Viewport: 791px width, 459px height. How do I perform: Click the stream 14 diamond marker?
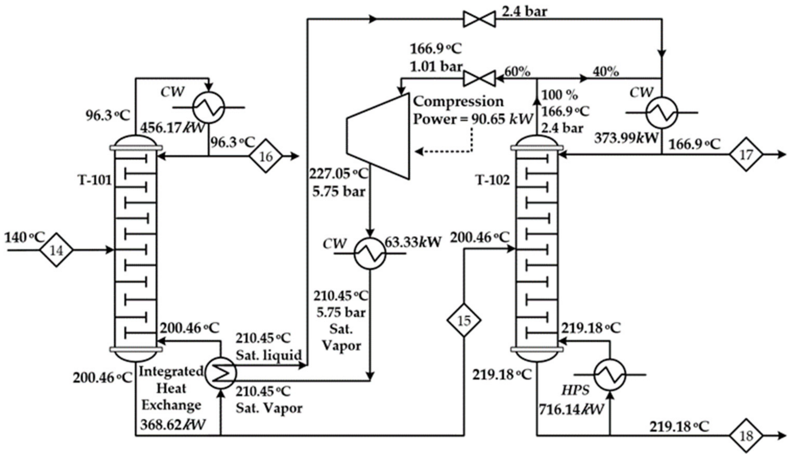(x=56, y=250)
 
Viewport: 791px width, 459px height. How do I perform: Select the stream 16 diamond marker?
(x=266, y=156)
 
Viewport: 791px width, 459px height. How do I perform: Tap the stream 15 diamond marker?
(x=464, y=320)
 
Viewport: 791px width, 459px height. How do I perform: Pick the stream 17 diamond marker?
(x=746, y=155)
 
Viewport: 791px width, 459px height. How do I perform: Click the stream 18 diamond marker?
(x=746, y=435)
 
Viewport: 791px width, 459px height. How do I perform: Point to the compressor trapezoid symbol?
(x=378, y=136)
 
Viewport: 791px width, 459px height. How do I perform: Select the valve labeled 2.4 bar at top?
(x=479, y=19)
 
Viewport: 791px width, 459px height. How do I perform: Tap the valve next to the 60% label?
(x=479, y=78)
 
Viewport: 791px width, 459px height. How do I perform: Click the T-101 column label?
(x=94, y=180)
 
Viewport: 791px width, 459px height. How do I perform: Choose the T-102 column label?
(x=493, y=180)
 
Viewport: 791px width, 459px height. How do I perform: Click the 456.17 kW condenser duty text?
(x=172, y=128)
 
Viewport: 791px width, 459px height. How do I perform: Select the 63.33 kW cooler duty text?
(x=413, y=242)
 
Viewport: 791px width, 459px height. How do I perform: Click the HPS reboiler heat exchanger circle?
(x=610, y=374)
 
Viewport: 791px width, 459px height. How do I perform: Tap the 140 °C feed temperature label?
(x=24, y=238)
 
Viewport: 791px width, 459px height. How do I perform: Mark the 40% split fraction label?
(x=605, y=72)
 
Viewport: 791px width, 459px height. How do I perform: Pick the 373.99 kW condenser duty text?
(x=626, y=138)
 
